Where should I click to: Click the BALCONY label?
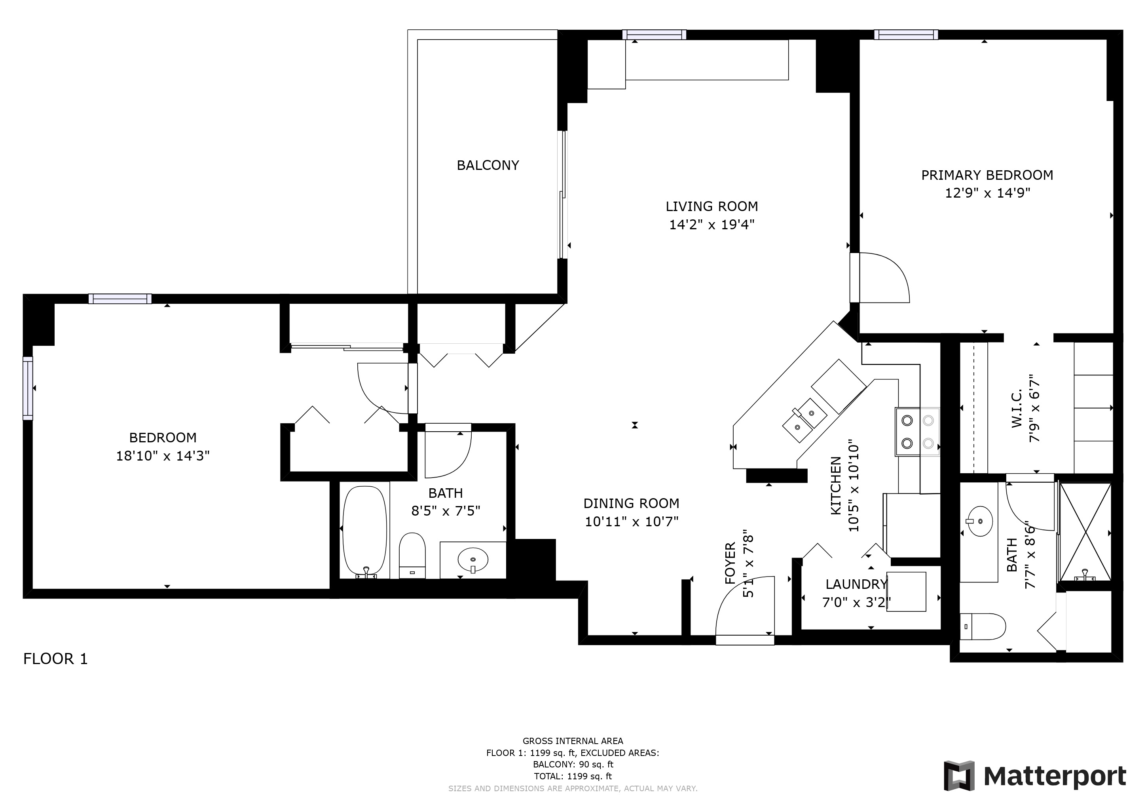pyautogui.click(x=488, y=165)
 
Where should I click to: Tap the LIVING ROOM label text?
pyautogui.click(x=712, y=206)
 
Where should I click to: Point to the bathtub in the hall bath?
pyautogui.click(x=365, y=532)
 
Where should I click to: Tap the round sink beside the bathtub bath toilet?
pyautogui.click(x=472, y=560)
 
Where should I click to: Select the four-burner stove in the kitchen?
pyautogui.click(x=917, y=432)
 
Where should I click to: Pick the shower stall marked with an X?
pyautogui.click(x=1085, y=532)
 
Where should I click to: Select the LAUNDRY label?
pyautogui.click(x=856, y=584)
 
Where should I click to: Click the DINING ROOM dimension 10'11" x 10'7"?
pyautogui.click(x=632, y=522)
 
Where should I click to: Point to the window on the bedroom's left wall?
pyautogui.click(x=27, y=388)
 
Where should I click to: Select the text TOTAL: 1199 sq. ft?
pyautogui.click(x=573, y=776)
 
